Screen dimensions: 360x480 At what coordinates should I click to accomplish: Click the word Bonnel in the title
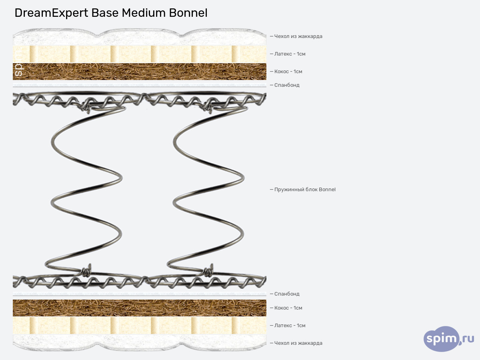click(x=188, y=13)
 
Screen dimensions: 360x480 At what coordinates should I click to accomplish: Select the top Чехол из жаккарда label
click(x=298, y=36)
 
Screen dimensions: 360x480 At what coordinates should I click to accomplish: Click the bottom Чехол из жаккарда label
click(x=298, y=343)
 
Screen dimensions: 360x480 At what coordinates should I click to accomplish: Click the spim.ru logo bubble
click(x=444, y=339)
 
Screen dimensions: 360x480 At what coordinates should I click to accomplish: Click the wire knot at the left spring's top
click(x=86, y=106)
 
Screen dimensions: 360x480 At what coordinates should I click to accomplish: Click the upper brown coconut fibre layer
click(x=140, y=72)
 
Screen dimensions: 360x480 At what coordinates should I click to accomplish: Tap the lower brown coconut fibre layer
click(x=140, y=308)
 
